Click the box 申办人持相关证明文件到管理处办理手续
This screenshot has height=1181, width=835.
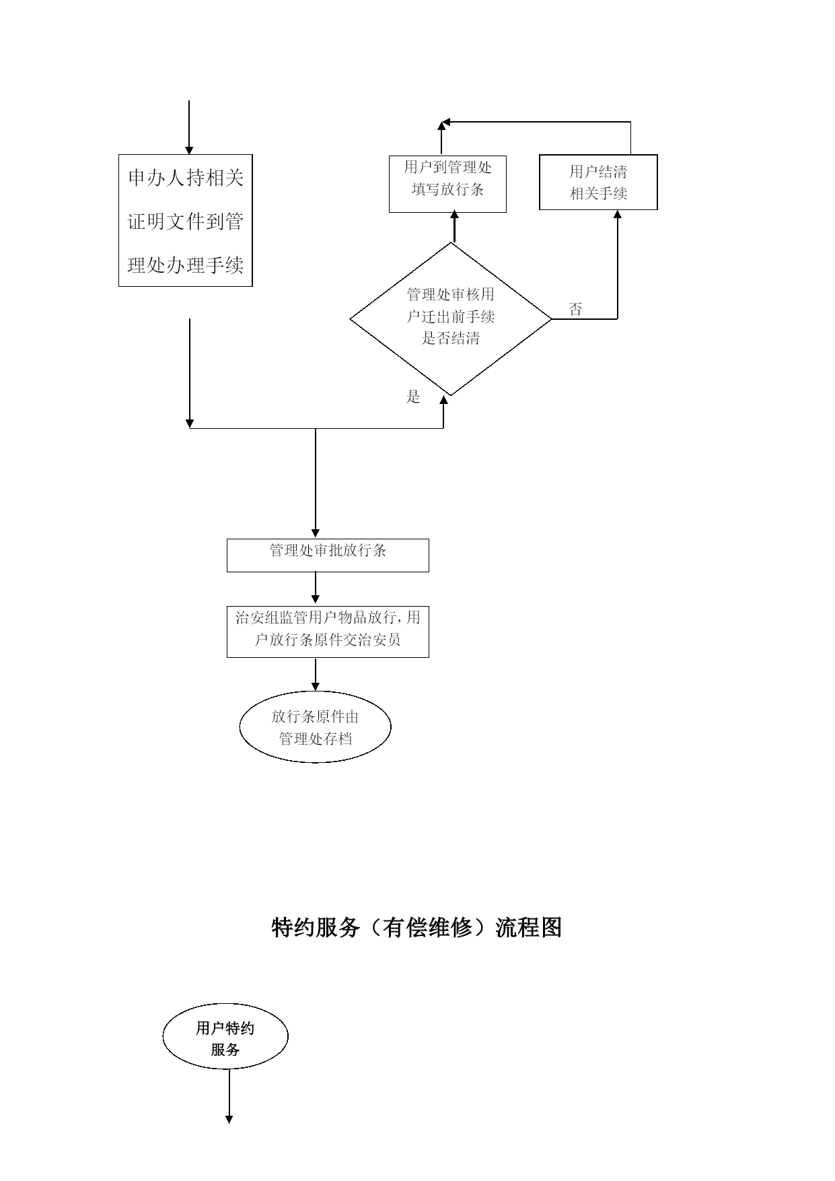coord(185,220)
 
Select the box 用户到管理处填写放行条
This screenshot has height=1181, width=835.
coord(447,184)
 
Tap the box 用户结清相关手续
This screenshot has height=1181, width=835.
coord(598,182)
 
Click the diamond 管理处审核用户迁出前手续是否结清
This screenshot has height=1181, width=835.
coord(451,319)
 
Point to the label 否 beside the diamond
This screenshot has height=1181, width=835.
coord(575,310)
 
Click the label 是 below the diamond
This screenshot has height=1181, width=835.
coord(413,397)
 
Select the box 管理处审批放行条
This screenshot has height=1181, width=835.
coord(328,555)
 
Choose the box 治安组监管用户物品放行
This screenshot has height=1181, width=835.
coord(328,632)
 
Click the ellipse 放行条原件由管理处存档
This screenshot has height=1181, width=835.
coord(315,727)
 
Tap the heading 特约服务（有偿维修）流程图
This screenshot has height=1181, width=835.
coord(416,927)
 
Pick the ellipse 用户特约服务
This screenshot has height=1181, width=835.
coord(225,1036)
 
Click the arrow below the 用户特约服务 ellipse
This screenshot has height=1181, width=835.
coord(229,1096)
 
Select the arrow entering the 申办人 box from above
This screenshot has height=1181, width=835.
coord(189,127)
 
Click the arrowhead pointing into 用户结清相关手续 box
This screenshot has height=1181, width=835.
coord(618,214)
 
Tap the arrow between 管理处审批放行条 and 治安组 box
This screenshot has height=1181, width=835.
coord(316,588)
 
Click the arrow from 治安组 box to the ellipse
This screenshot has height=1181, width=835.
coord(316,675)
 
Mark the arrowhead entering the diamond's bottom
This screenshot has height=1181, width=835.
coord(443,400)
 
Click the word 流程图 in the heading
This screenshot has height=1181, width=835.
coord(529,927)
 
